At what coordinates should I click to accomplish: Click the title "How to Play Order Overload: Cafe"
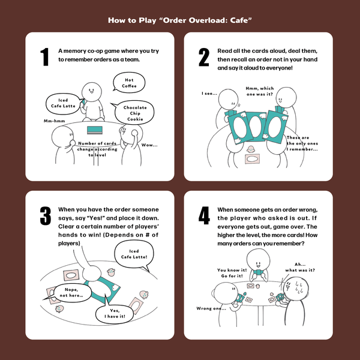click(x=179, y=20)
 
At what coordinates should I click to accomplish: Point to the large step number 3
click(x=44, y=217)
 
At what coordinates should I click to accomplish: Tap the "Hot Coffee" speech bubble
click(x=129, y=83)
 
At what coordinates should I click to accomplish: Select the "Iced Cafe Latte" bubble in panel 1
click(x=63, y=103)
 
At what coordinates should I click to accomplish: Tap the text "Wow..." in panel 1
click(x=149, y=145)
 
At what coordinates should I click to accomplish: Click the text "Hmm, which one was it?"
click(x=260, y=91)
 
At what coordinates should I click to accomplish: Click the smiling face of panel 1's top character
click(x=91, y=91)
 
